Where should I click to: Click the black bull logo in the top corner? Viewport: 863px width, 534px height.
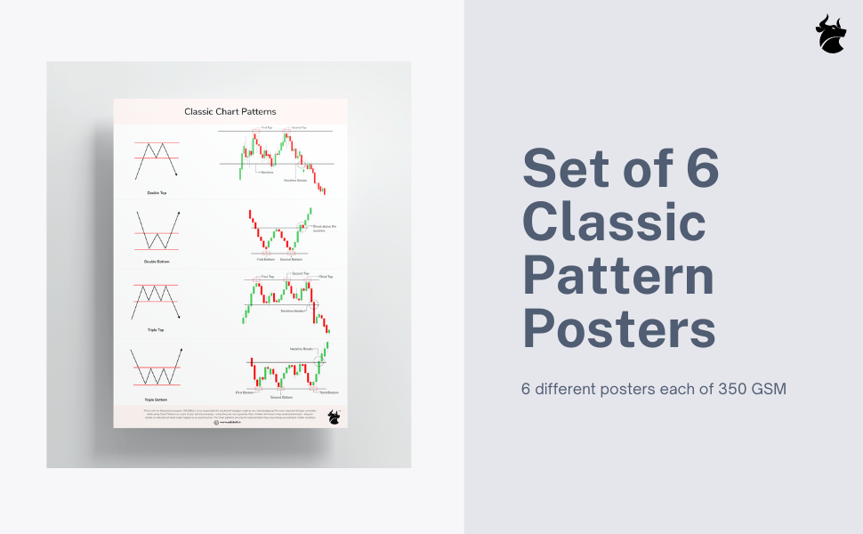pyautogui.click(x=831, y=34)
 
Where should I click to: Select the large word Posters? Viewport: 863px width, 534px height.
pyautogui.click(x=619, y=328)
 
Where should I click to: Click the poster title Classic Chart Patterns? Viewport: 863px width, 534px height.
pyautogui.click(x=230, y=111)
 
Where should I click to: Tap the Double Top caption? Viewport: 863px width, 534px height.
pyautogui.click(x=157, y=192)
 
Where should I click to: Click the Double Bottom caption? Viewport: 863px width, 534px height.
pyautogui.click(x=157, y=262)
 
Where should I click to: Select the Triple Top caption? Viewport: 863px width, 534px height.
pyautogui.click(x=157, y=330)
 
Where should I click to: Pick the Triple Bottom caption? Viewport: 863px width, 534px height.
pyautogui.click(x=157, y=400)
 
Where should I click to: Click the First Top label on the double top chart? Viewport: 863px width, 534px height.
pyautogui.click(x=254, y=128)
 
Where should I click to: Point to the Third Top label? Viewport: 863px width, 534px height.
pyautogui.click(x=326, y=277)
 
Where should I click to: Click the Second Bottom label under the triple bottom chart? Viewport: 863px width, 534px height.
pyautogui.click(x=280, y=397)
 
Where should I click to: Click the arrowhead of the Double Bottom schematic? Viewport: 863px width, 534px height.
pyautogui.click(x=179, y=211)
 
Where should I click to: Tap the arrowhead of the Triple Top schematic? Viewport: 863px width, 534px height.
pyautogui.click(x=179, y=317)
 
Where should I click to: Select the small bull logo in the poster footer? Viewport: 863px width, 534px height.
pyautogui.click(x=334, y=416)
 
